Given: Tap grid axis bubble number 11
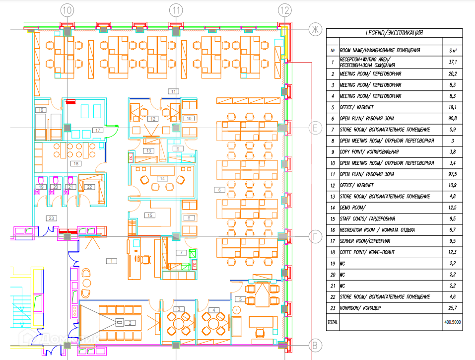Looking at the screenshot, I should pyautogui.click(x=176, y=9).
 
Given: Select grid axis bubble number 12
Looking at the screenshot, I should pyautogui.click(x=284, y=9).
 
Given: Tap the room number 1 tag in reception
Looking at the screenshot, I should pyautogui.click(x=112, y=261).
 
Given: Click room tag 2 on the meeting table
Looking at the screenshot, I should pyautogui.click(x=130, y=323).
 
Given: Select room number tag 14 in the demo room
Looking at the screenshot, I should pyautogui.click(x=161, y=178).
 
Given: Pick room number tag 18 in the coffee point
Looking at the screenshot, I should pyautogui.click(x=76, y=163).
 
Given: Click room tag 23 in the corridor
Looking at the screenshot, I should pyautogui.click(x=52, y=217).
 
